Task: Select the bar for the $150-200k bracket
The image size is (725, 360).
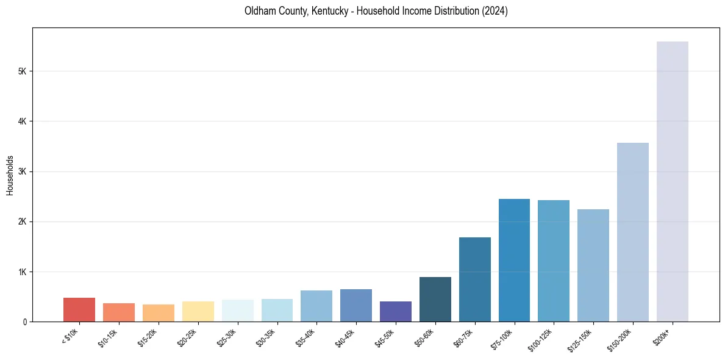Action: coord(632,232)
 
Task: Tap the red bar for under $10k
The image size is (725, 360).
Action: coord(79,309)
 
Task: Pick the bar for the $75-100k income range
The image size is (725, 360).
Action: coord(514,260)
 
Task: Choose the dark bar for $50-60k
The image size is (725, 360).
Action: coord(435,299)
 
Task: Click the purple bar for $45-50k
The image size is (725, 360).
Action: coord(395,311)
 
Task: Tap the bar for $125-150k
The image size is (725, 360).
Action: coord(593,265)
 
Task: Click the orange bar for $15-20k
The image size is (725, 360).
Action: coord(158,312)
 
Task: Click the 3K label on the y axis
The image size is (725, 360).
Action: coord(23,171)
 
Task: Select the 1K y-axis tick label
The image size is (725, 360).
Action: coord(23,272)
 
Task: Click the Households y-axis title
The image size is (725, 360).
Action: coord(10,175)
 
